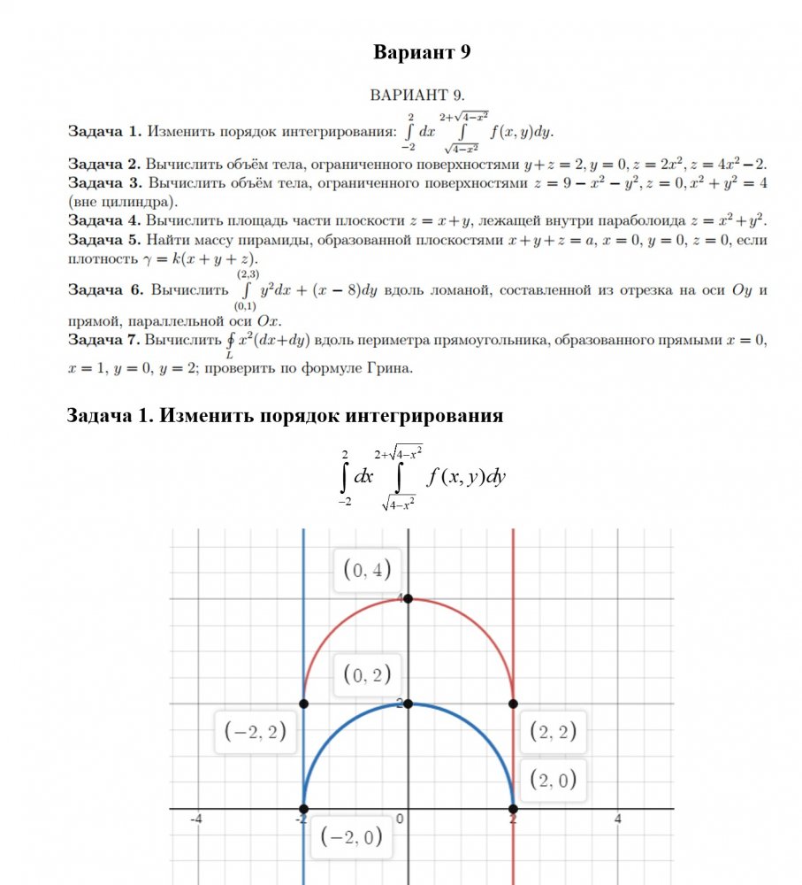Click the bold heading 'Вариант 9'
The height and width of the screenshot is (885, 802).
tap(422, 52)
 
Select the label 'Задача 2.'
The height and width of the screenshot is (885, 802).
tap(104, 164)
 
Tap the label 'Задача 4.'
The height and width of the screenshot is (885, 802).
tap(104, 219)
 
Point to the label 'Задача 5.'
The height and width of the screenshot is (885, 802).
tap(104, 239)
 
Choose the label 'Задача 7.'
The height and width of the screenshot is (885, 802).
tap(104, 340)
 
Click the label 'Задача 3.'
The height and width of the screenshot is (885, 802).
tap(104, 182)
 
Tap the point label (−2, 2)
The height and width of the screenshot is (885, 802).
tap(255, 731)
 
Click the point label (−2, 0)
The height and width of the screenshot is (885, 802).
tap(351, 835)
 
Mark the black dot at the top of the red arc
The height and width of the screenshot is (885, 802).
tap(409, 599)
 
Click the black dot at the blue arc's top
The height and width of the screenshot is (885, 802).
tap(409, 704)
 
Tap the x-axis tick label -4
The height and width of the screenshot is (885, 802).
tap(197, 820)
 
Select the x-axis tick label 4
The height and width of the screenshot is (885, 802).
tap(618, 820)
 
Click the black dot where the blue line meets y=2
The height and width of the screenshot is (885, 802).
tap(303, 704)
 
